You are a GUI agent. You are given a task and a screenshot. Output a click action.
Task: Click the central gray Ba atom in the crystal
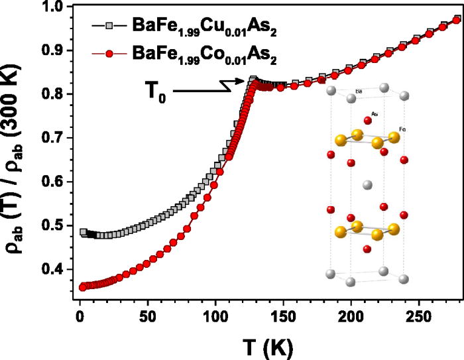tap(368, 185)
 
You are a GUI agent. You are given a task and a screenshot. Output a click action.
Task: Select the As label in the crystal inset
tap(375, 114)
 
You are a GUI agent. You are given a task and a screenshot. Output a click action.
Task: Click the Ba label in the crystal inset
tap(359, 91)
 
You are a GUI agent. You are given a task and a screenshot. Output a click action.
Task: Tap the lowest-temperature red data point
tap(83, 287)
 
